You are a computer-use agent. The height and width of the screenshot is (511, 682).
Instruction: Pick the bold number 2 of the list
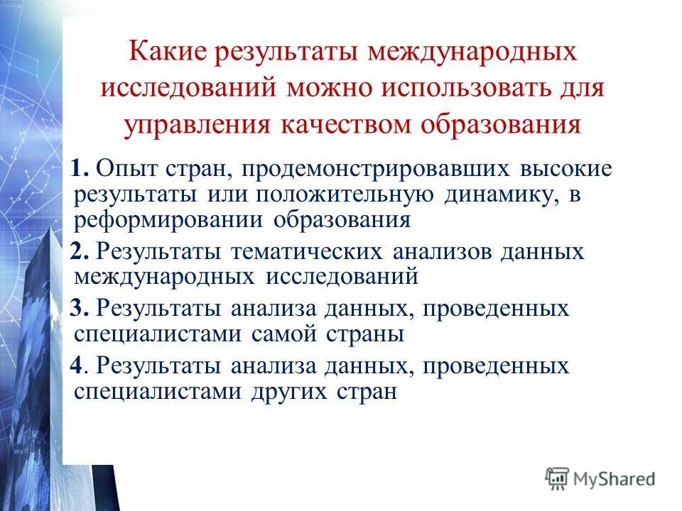pyautogui.click(x=79, y=252)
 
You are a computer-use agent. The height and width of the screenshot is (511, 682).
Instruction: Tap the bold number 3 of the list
pyautogui.click(x=79, y=309)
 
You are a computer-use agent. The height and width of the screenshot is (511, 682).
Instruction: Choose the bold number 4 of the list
pyautogui.click(x=79, y=366)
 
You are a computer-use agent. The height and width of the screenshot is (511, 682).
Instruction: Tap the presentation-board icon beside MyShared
pyautogui.click(x=558, y=478)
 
